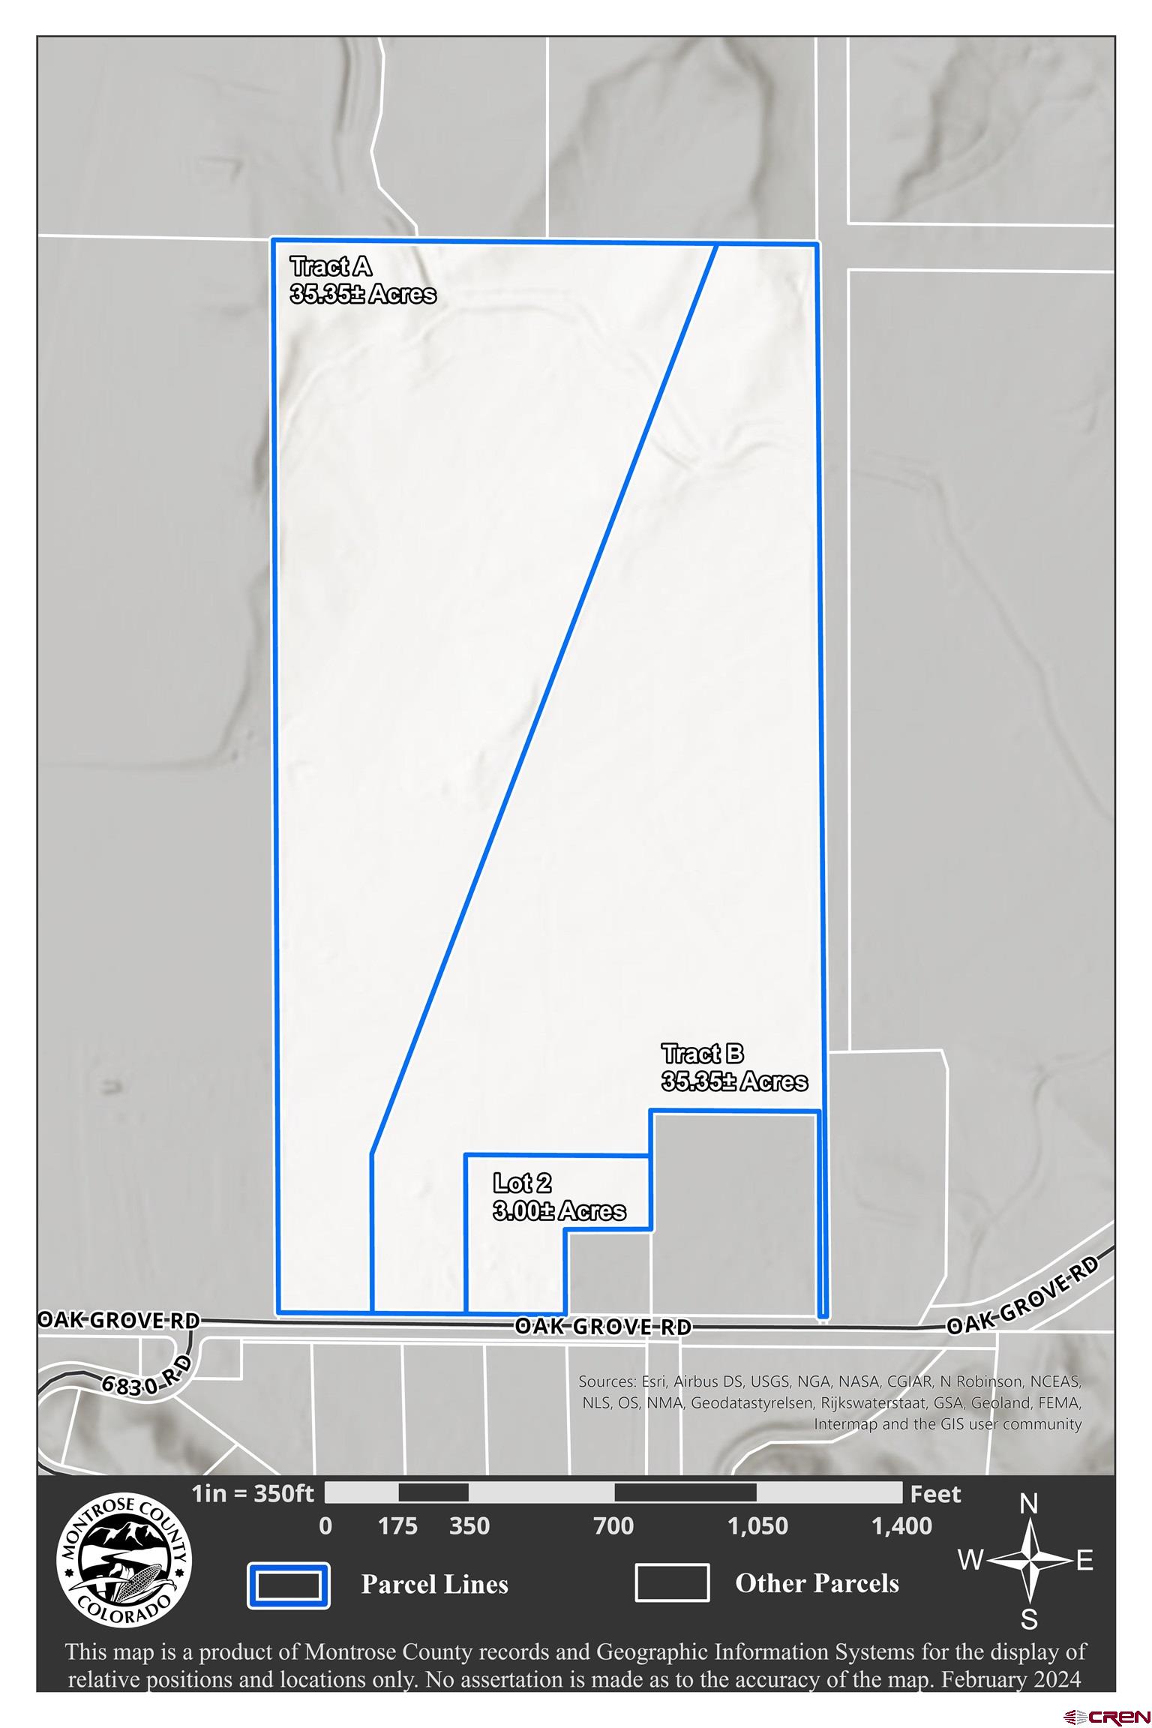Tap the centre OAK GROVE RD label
pos(602,1327)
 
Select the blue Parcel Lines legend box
pos(289,1585)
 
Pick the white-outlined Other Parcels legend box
pos(672,1582)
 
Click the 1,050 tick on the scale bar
pos(757,1526)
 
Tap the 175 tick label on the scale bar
pos(397,1526)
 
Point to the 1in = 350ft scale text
pos(253,1493)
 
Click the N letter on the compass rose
pos(1029,1504)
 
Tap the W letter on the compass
pos(970,1561)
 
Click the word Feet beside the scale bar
pos(935,1494)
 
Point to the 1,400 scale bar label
pos(901,1526)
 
